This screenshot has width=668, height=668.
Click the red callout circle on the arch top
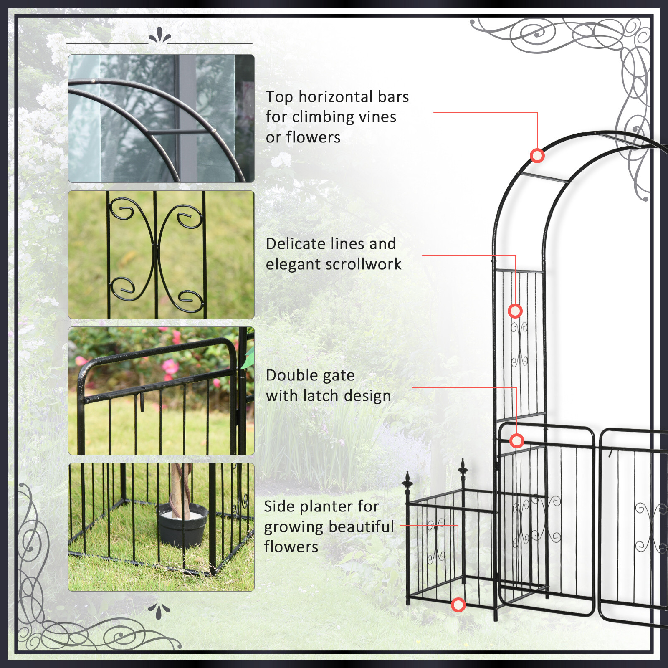pyautogui.click(x=537, y=156)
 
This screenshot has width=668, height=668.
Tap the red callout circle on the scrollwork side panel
pyautogui.click(x=515, y=311)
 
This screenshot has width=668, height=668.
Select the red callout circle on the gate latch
pyautogui.click(x=517, y=441)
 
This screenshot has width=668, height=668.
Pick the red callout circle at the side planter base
pyautogui.click(x=458, y=605)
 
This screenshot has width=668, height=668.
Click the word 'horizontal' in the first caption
pyautogui.click(x=336, y=97)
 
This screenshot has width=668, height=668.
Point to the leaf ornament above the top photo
pyautogui.click(x=159, y=36)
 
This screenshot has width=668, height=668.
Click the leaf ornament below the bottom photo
pyautogui.click(x=159, y=610)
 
